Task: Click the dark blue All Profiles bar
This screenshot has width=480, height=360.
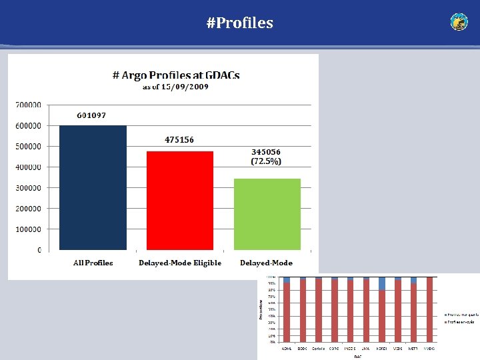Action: [x=93, y=187]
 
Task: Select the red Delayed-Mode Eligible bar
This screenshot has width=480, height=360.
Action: [x=180, y=200]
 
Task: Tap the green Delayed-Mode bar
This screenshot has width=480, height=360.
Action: [x=267, y=214]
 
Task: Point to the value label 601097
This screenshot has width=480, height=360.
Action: [x=91, y=115]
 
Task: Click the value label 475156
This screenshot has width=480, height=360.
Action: [x=179, y=140]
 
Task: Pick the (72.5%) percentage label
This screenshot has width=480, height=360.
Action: [x=266, y=161]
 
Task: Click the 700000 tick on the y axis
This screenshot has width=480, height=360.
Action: [x=28, y=105]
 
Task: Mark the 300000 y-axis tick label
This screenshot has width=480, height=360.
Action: [x=28, y=188]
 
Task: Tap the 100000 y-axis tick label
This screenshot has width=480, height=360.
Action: [x=28, y=229]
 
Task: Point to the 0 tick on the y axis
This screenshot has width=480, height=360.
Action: [x=39, y=250]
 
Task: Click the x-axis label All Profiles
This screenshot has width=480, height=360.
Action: [x=93, y=263]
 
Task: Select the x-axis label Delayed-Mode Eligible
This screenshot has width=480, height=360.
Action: [x=180, y=263]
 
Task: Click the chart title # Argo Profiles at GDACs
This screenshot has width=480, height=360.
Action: [x=176, y=75]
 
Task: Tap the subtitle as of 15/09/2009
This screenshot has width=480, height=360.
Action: [x=176, y=87]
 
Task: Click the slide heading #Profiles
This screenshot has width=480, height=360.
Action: [x=240, y=23]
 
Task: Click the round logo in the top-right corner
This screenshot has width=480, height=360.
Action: [x=459, y=22]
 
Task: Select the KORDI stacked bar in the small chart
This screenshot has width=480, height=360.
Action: [x=382, y=310]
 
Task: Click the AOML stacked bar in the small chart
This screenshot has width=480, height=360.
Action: [x=287, y=310]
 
